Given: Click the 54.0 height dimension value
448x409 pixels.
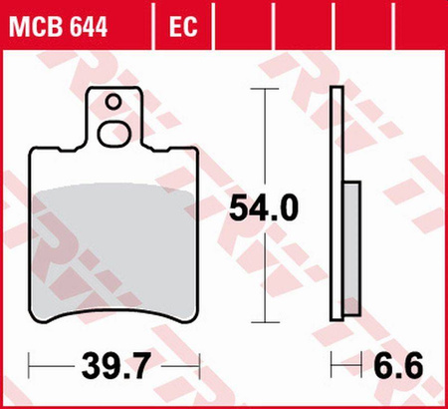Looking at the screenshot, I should [264, 208].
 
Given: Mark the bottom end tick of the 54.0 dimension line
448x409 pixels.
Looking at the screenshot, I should [264, 322].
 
